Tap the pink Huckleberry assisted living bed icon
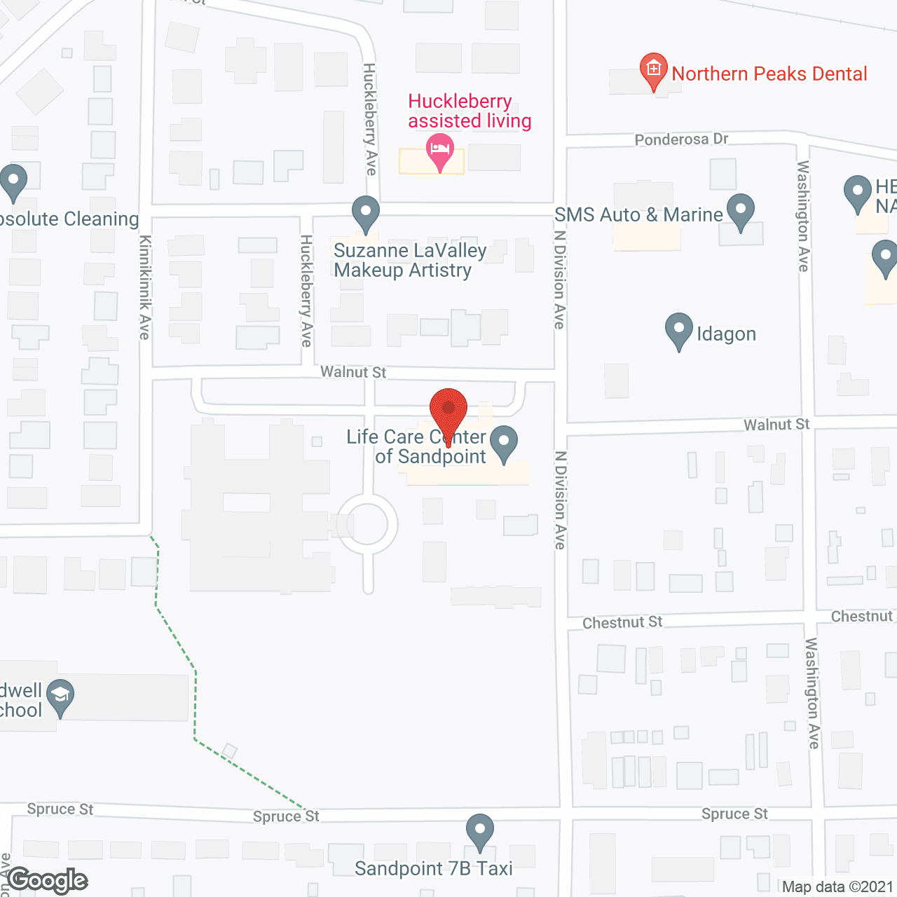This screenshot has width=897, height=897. (x=440, y=151)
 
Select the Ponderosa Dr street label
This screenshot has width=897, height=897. (x=681, y=139)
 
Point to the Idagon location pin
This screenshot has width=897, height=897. (x=678, y=330)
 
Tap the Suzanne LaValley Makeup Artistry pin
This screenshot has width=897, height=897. (x=365, y=213)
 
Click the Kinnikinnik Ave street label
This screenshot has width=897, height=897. (x=144, y=287)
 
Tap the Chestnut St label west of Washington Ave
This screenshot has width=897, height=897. (x=622, y=622)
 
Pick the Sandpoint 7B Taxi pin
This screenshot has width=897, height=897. (x=479, y=831)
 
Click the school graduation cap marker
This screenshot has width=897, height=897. (x=60, y=697)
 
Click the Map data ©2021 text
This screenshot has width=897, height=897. (x=837, y=886)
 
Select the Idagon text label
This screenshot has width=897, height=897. (x=726, y=334)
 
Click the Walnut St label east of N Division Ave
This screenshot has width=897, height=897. (x=776, y=425)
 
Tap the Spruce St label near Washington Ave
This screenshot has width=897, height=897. (x=734, y=814)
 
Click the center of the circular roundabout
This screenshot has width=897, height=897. (x=367, y=524)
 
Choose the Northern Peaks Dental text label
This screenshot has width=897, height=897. (x=769, y=74)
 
